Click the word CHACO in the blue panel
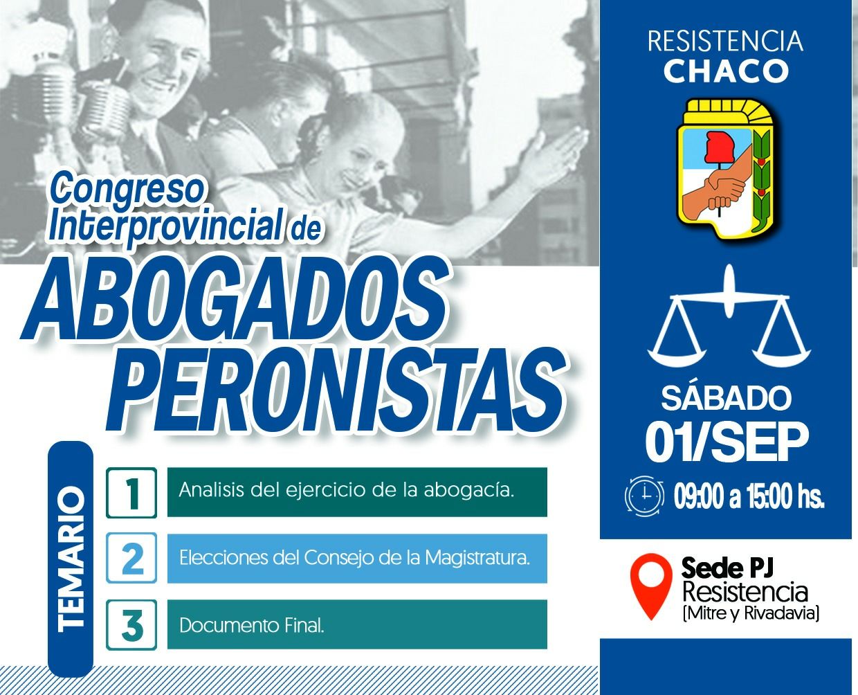[x=725, y=71]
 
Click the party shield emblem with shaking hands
[x=727, y=170]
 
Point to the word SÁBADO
[x=726, y=398]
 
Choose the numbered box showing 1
[x=131, y=493]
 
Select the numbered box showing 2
[x=131, y=558]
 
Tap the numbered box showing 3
[x=131, y=624]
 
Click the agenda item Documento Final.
[x=252, y=626]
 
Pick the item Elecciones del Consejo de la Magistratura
[x=355, y=558]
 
